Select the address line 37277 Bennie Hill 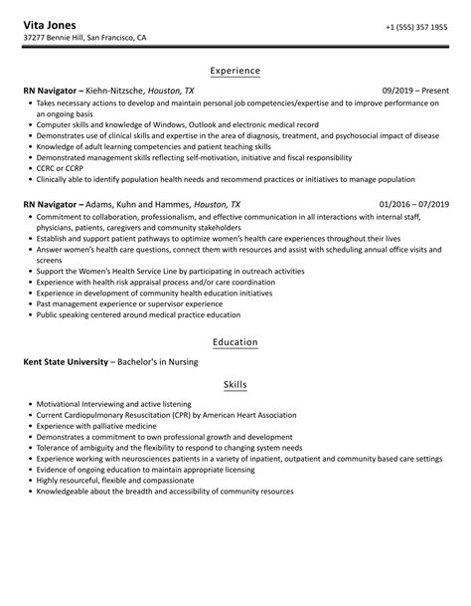coord(99,39)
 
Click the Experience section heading coord(235,71)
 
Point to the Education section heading coord(235,342)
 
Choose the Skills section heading coord(235,384)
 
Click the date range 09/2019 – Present coord(409,90)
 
